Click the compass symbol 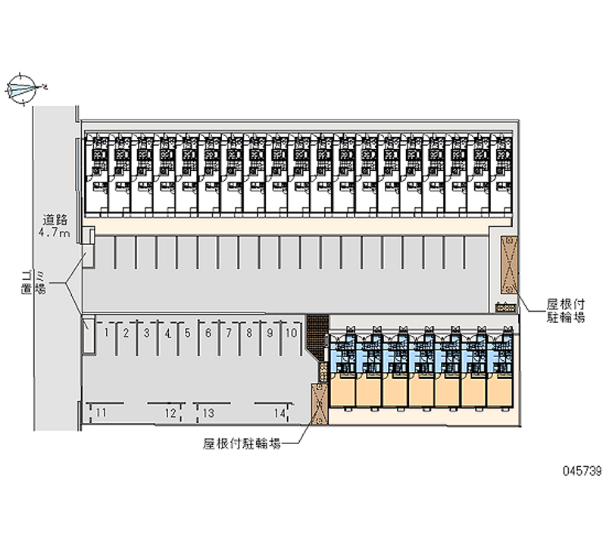click(x=22, y=88)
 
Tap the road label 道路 click(x=55, y=220)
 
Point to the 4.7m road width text click(x=55, y=233)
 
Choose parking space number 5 click(x=186, y=332)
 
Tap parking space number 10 click(x=291, y=332)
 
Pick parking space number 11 click(x=101, y=412)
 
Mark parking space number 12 click(x=170, y=412)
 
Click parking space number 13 click(x=208, y=412)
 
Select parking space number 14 click(x=280, y=412)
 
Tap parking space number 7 click(x=228, y=332)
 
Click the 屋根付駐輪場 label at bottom click(x=242, y=445)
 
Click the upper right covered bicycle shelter click(x=508, y=264)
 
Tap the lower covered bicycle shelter click(x=318, y=405)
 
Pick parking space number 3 click(x=146, y=332)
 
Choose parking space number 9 click(x=270, y=332)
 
